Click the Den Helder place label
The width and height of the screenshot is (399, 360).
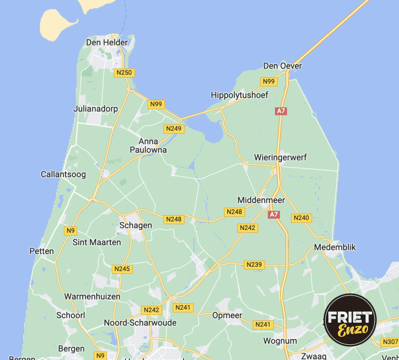(x=107, y=42)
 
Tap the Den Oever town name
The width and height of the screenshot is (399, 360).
(x=282, y=66)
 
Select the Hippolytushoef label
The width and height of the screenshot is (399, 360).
(x=239, y=95)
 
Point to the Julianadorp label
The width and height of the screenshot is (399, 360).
(x=95, y=109)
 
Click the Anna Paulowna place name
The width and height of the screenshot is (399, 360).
(x=148, y=146)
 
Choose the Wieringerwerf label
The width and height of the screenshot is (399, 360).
(x=280, y=157)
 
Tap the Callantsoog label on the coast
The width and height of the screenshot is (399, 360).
(x=63, y=174)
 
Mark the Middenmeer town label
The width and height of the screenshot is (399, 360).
(x=261, y=200)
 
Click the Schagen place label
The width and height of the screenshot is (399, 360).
(x=136, y=225)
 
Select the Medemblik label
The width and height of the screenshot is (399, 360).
(x=335, y=247)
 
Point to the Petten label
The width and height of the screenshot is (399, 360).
(x=42, y=251)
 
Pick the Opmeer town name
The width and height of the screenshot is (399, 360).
(x=227, y=315)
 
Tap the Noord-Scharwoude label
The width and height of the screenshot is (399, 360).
(x=140, y=323)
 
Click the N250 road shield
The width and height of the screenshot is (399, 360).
(x=124, y=72)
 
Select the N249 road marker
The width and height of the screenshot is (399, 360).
(x=174, y=128)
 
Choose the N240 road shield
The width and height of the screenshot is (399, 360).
(x=301, y=218)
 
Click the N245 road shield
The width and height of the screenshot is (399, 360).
(x=122, y=268)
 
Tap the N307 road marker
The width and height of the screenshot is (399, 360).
(x=390, y=342)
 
